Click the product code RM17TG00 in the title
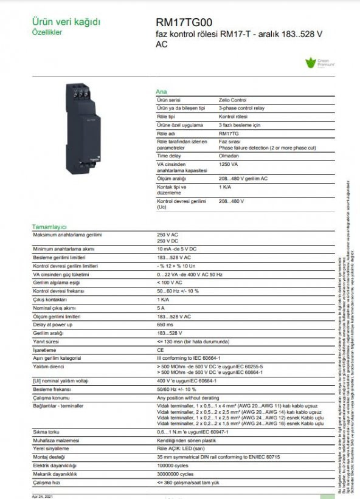(x=184, y=22)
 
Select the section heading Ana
(x=162, y=91)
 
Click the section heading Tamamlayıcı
(x=49, y=226)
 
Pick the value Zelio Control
(x=233, y=100)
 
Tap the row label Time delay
(x=169, y=156)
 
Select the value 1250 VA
(x=228, y=164)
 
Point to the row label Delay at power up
(x=53, y=325)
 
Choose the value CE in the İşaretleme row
(x=160, y=350)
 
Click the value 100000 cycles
(x=175, y=465)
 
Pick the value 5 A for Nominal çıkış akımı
(x=160, y=308)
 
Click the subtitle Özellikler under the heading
(x=47, y=32)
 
